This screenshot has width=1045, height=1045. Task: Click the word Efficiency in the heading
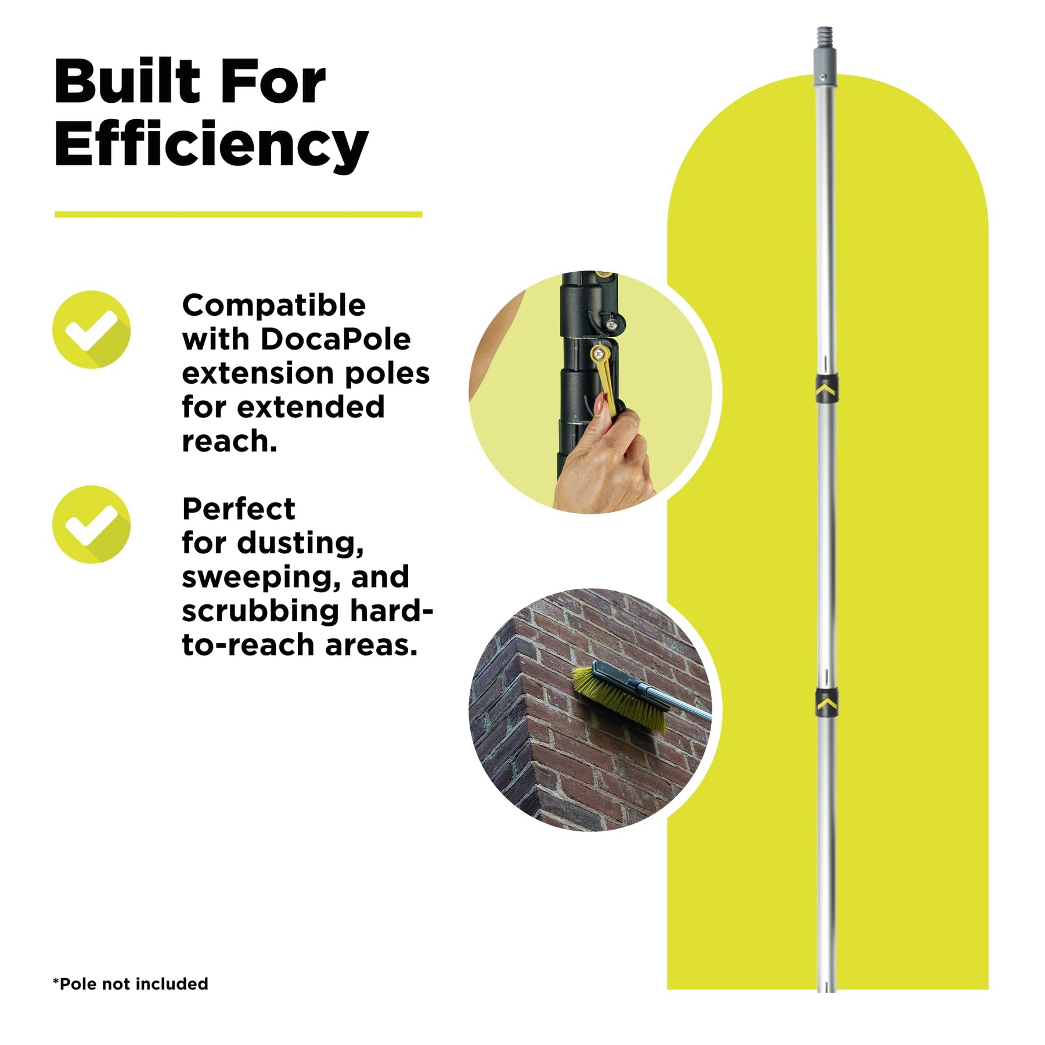(211, 145)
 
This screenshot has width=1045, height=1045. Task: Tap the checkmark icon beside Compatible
(91, 329)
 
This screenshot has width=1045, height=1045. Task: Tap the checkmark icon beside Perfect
(91, 524)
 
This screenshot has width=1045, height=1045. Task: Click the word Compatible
(274, 305)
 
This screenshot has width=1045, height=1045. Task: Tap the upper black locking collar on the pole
(826, 389)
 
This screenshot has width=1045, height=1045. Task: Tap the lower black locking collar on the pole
(826, 702)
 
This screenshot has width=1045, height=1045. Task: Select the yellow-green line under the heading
(238, 214)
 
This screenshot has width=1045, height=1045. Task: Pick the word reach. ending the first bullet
(229, 441)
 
